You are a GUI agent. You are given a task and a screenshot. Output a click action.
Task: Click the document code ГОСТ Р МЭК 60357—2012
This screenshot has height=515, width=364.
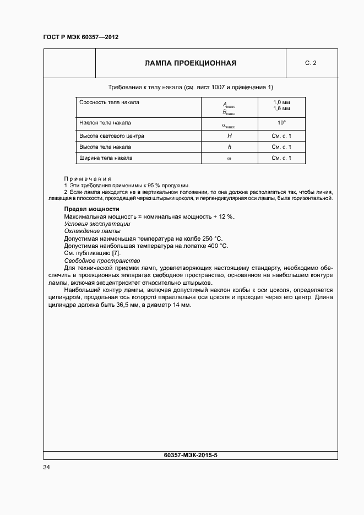(x=80, y=37)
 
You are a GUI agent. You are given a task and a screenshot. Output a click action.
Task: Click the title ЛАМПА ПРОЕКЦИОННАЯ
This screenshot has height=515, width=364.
(x=191, y=63)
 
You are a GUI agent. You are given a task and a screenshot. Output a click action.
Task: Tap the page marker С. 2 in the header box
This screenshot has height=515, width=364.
(x=311, y=63)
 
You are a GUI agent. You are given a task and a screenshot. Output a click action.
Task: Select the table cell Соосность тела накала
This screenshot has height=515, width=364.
(x=109, y=102)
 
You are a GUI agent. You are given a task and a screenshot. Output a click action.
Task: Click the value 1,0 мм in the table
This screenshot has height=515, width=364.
(x=281, y=102)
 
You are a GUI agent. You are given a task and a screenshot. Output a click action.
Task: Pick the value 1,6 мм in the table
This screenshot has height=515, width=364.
(x=281, y=109)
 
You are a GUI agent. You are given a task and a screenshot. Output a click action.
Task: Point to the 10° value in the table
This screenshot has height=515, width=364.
(x=281, y=123)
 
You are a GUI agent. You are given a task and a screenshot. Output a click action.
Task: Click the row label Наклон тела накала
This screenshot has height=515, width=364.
(x=105, y=123)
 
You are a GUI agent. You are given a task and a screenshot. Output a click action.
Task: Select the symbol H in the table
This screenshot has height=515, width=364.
(x=230, y=135)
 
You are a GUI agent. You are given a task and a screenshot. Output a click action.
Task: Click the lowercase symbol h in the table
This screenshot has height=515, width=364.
(x=230, y=147)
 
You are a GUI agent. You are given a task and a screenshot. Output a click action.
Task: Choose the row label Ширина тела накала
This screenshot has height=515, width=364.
(x=106, y=159)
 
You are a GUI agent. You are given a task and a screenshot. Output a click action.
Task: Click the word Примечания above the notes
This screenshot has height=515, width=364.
(x=88, y=178)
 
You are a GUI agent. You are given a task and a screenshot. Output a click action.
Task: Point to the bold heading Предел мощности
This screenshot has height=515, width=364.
(x=91, y=209)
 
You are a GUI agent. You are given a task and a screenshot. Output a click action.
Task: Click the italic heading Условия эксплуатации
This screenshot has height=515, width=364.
(x=97, y=224)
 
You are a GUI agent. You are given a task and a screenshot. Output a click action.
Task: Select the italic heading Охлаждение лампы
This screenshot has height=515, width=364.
(x=92, y=231)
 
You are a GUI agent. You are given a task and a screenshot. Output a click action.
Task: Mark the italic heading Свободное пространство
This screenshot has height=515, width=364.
(x=102, y=261)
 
